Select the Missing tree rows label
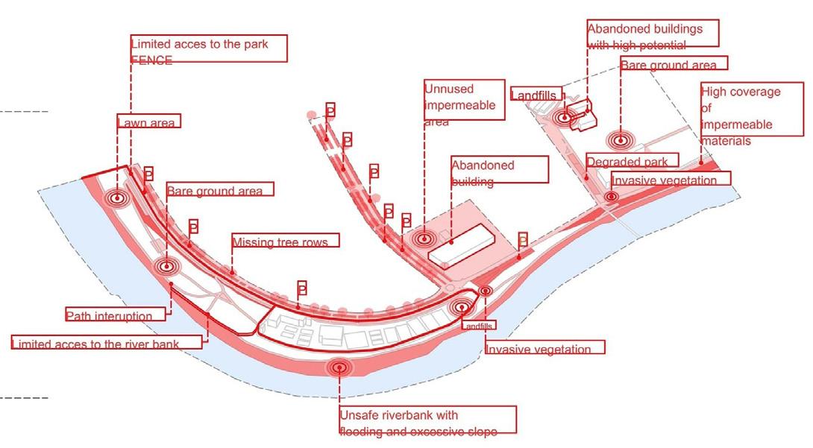pyautogui.click(x=285, y=242)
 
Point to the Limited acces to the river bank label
pyautogui.click(x=106, y=343)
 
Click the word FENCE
pyautogui.click(x=151, y=61)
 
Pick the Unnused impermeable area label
pyautogui.click(x=459, y=105)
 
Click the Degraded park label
pyautogui.click(x=632, y=161)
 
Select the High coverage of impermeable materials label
pyautogui.click(x=740, y=116)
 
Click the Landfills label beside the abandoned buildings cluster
pyautogui.click(x=536, y=94)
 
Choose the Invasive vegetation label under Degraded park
pyautogui.click(x=671, y=179)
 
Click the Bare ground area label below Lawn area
pyautogui.click(x=215, y=191)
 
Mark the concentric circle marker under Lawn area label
pyautogui.click(x=116, y=199)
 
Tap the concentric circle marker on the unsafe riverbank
pyautogui.click(x=340, y=367)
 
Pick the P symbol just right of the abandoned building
pyautogui.click(x=523, y=239)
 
